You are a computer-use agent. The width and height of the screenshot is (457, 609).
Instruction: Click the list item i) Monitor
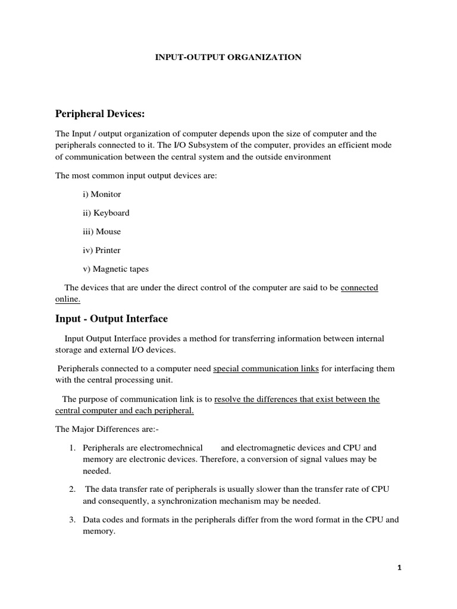point(102,194)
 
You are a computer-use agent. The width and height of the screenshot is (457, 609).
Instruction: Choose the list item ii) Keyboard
point(106,212)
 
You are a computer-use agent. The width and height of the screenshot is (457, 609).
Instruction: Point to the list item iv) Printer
point(102,250)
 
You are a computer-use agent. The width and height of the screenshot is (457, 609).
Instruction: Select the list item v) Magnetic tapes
point(115,269)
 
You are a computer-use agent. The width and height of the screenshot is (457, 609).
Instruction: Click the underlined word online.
point(67,300)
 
